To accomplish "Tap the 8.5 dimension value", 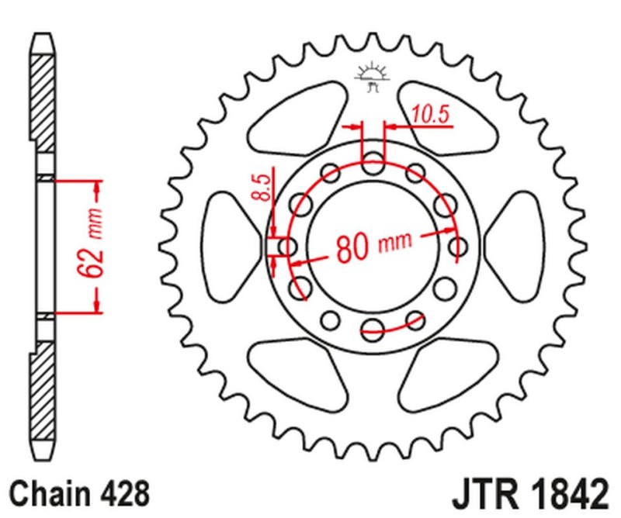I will pos(264,188).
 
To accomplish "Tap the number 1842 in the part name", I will pos(567,493).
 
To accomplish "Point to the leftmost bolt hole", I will pos(288,247).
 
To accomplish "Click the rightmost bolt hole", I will pos(460,247).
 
